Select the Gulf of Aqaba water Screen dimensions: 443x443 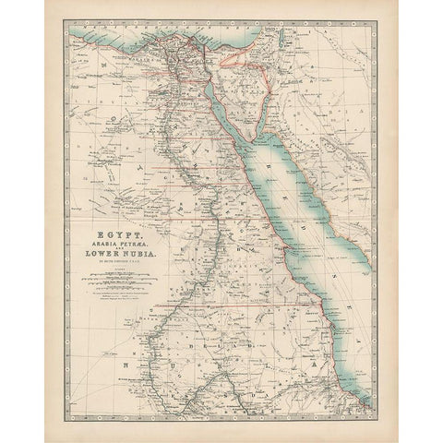tap(267, 106)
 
